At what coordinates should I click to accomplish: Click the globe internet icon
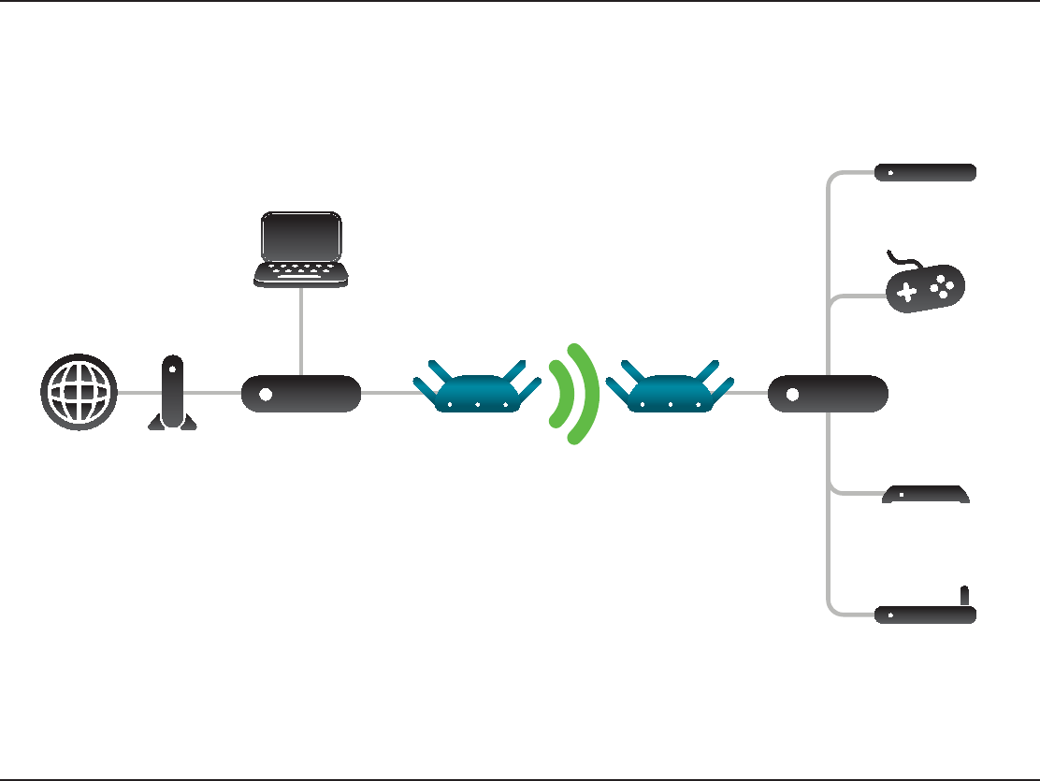coord(79,392)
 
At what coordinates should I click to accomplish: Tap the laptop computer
coord(301,248)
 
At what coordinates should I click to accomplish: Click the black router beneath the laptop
coord(301,394)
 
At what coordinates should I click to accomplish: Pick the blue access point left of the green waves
coord(477,391)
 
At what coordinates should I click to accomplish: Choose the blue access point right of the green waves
coord(671,391)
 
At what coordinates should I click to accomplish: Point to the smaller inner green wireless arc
coord(558,393)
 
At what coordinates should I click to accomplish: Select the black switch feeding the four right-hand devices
coord(828,394)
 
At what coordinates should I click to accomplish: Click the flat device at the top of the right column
coord(925,172)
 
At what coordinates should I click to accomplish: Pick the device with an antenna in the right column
coord(925,614)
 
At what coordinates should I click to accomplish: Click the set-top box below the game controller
coord(926,495)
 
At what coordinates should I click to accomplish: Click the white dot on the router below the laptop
coord(266,394)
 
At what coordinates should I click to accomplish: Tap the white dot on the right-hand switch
coord(792,394)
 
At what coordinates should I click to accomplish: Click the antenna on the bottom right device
coord(965,595)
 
